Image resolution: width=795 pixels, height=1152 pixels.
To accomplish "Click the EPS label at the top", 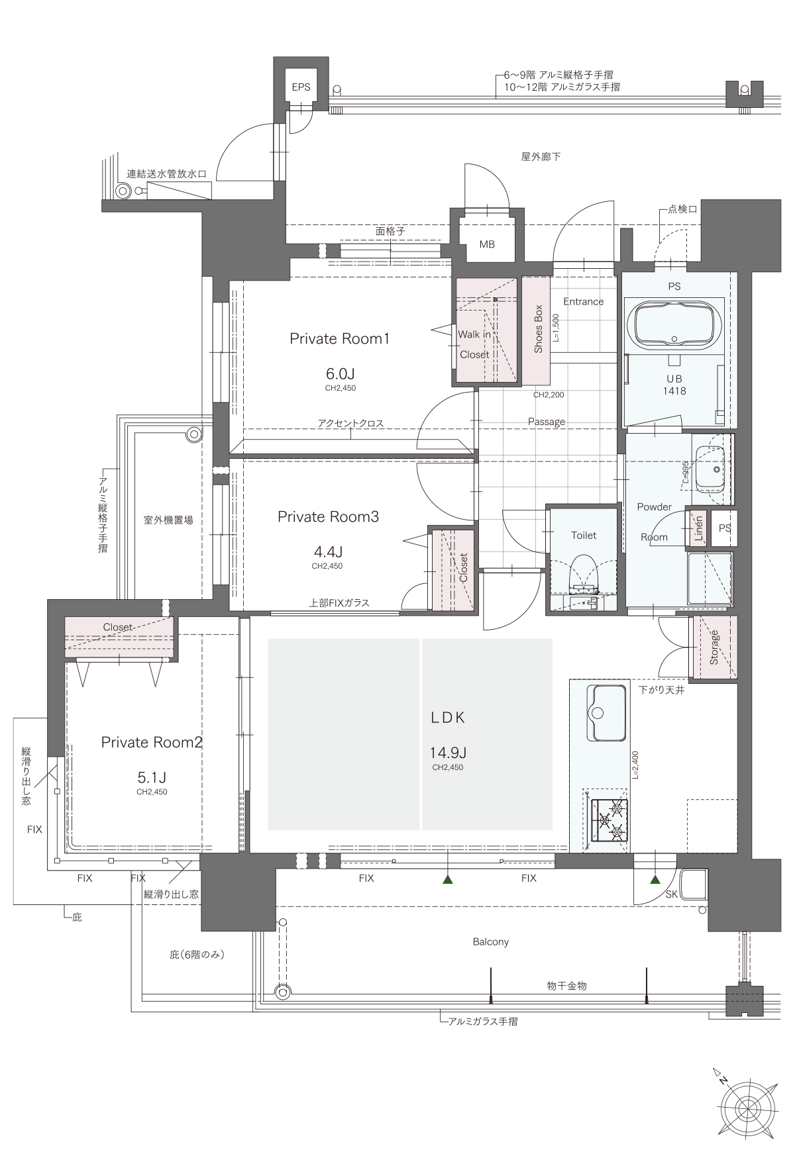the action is click(301, 87).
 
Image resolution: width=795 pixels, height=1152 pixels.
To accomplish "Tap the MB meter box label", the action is click(487, 244).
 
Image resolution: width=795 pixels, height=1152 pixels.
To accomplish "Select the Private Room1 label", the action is click(339, 338).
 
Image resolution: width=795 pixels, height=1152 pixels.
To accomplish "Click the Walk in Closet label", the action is click(474, 344).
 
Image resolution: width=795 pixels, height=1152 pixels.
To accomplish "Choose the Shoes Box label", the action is click(538, 328).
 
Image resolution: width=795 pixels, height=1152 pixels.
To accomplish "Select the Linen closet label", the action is click(698, 528).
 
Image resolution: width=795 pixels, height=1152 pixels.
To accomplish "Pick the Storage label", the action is click(714, 648).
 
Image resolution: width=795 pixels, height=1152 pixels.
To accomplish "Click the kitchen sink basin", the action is click(606, 714).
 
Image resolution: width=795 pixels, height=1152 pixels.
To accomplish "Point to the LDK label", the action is click(449, 717).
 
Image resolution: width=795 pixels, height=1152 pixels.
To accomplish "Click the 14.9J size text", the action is click(449, 753).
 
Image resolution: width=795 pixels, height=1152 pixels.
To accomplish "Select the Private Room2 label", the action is click(152, 742).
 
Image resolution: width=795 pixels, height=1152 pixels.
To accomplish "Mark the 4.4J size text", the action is click(327, 551).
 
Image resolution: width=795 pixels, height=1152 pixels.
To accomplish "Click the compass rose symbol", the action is click(748, 1107).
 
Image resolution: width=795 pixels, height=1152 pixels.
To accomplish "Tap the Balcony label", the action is click(491, 941).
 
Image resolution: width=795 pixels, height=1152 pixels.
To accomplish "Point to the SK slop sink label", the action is click(672, 894).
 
